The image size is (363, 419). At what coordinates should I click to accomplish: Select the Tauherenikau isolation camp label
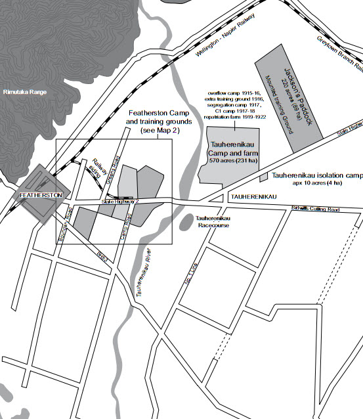tap(317, 176)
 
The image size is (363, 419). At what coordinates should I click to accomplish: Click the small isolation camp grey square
tap(263, 177)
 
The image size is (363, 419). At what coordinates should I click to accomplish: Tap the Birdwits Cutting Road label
tap(317, 209)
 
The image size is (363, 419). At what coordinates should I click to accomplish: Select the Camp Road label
tap(127, 227)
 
